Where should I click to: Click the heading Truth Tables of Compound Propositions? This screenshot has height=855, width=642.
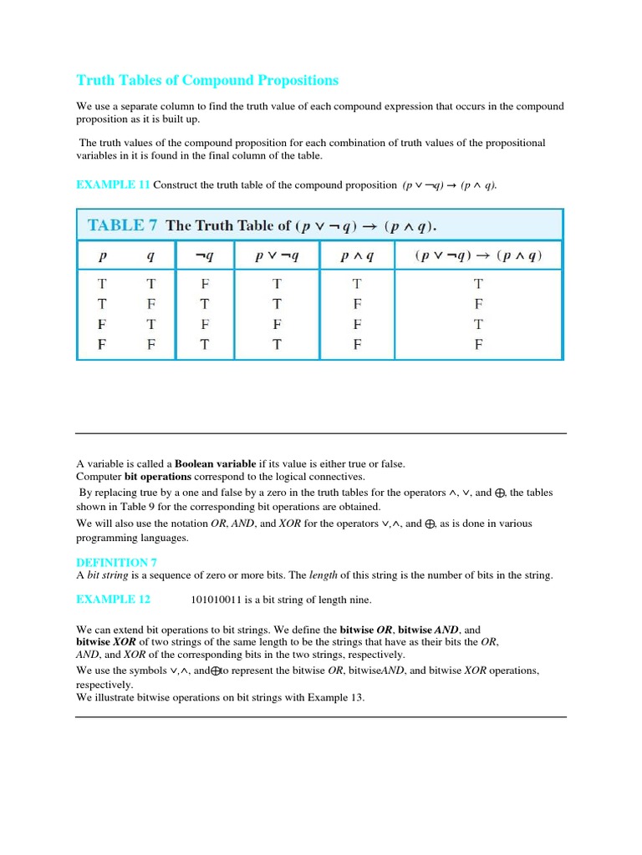207,80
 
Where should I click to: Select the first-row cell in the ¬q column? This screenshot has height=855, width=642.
206,284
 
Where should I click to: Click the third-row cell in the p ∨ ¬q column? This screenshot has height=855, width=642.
277,324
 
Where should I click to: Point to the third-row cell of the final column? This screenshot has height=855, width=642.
478,324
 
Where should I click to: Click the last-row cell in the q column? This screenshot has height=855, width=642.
151,344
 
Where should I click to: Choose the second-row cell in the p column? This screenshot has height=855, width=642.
102,304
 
